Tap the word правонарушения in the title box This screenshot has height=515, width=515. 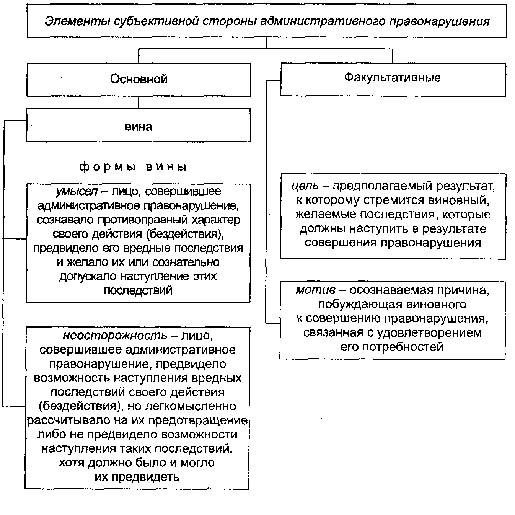click(440, 21)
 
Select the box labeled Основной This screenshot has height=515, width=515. click(139, 80)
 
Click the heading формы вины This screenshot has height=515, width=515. click(133, 167)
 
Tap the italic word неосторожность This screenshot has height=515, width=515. click(115, 336)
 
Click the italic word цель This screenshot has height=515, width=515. click(305, 186)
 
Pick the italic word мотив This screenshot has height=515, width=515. click(315, 290)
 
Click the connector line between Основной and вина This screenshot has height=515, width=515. click(139, 102)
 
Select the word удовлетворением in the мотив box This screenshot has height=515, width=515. click(429, 333)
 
